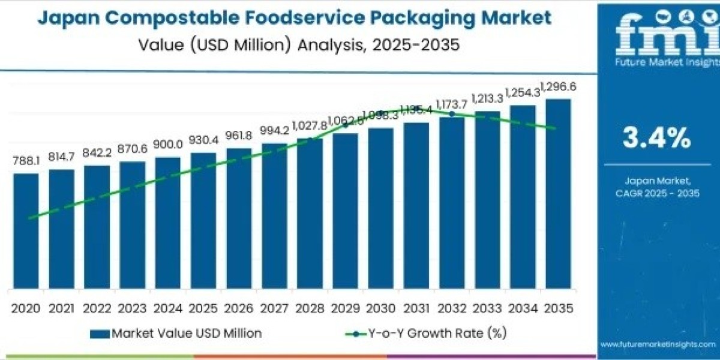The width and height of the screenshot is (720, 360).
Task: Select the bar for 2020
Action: [x=26, y=230]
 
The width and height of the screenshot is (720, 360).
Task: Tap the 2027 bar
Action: [x=274, y=215]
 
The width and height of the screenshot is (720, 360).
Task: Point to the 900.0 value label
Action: [x=167, y=145]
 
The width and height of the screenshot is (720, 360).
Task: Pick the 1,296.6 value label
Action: [x=558, y=88]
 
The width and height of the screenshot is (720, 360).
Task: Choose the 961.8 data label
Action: [x=238, y=136]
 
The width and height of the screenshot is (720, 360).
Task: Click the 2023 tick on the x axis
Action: [x=132, y=308]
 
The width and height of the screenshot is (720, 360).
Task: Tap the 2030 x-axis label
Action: [x=380, y=308]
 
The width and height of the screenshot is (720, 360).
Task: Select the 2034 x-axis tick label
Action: [x=522, y=308]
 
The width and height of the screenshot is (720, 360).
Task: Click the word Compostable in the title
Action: [x=162, y=18]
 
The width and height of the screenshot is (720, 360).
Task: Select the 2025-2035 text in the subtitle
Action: [x=412, y=45]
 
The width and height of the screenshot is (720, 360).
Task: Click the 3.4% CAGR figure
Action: [x=656, y=139]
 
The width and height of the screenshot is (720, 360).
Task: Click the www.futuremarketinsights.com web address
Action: [x=658, y=344]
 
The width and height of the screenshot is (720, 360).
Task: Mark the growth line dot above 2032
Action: [x=452, y=113]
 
